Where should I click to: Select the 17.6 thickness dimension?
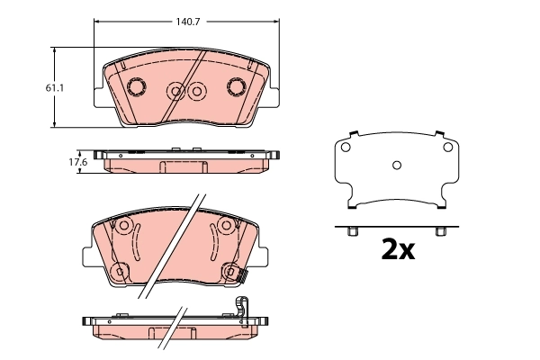coord(78,162)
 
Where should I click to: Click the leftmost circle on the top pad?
coord(137,87)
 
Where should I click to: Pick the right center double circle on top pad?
coord(197,90)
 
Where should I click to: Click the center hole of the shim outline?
coord(396,165)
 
